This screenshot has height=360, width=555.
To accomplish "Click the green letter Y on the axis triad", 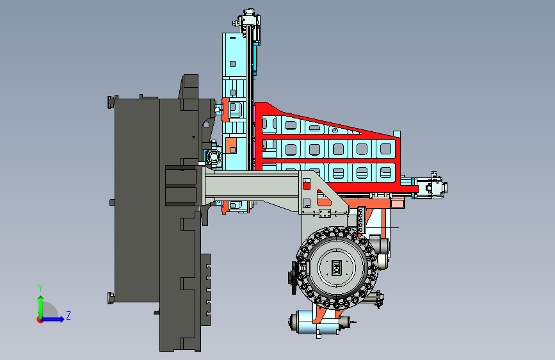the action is coord(40,288).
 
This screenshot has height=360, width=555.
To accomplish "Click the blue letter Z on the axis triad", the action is coord(68,315).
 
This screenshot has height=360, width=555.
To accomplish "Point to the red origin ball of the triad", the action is coord(40,320).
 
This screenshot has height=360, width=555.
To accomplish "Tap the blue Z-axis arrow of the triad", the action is coord(52,319).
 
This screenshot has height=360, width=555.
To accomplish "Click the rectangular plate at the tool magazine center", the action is coord(336,268).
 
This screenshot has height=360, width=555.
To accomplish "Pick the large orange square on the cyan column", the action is coord(231,145).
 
